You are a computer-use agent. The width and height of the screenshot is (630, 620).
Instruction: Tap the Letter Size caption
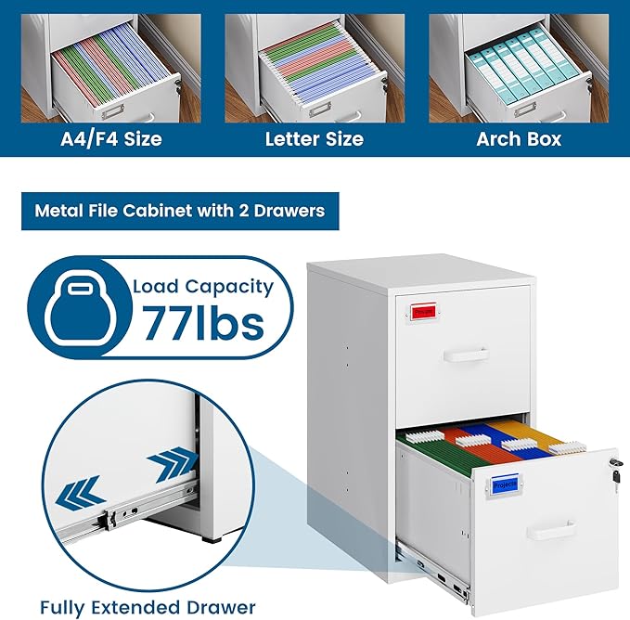pos(314,140)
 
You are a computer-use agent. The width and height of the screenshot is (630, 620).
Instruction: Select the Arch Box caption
pos(519,140)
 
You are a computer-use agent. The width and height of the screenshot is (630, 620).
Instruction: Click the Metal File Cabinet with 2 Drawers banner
pos(180,211)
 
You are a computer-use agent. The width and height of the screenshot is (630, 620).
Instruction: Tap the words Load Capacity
pos(203,286)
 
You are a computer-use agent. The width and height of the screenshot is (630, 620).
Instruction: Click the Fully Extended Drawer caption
pos(148,607)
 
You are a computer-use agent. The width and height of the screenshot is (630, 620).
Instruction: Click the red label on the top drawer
pos(423,313)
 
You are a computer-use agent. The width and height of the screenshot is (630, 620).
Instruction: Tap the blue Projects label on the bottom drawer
pos(505,484)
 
